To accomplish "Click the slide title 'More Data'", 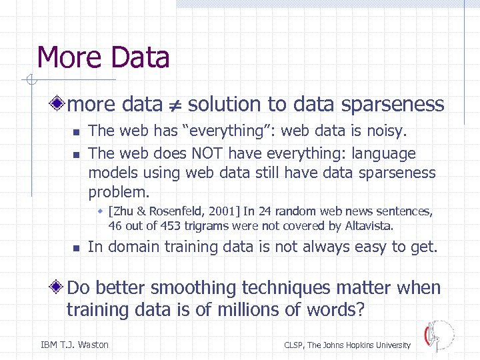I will tap(103, 57).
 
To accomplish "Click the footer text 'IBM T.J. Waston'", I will tap(75, 345).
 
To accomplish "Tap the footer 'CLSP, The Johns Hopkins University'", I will tap(347, 345).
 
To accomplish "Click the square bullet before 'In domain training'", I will tap(76, 248).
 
